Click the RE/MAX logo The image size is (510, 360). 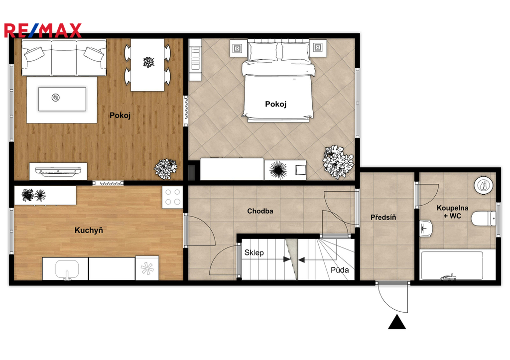[x=43, y=30]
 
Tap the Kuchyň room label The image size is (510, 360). [x=89, y=230]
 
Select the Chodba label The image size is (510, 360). [x=260, y=211]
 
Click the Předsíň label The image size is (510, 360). [x=383, y=217]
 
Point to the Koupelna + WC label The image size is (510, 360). [x=452, y=212]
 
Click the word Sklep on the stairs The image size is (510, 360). [x=254, y=252]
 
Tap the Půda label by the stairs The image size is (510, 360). [x=340, y=270]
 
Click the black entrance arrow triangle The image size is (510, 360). [x=397, y=322]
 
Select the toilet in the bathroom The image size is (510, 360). [x=483, y=218]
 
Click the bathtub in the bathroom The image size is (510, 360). [x=452, y=265]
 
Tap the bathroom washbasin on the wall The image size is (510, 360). [x=426, y=228]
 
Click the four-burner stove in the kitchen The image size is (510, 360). [x=172, y=197]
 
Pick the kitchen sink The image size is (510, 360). [x=67, y=269]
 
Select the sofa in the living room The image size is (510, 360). [x=64, y=58]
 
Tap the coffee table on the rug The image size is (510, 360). [x=62, y=99]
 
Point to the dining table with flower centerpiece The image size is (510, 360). [x=147, y=65]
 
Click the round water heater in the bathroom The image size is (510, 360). [x=484, y=185]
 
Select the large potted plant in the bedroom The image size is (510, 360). [x=338, y=162]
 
